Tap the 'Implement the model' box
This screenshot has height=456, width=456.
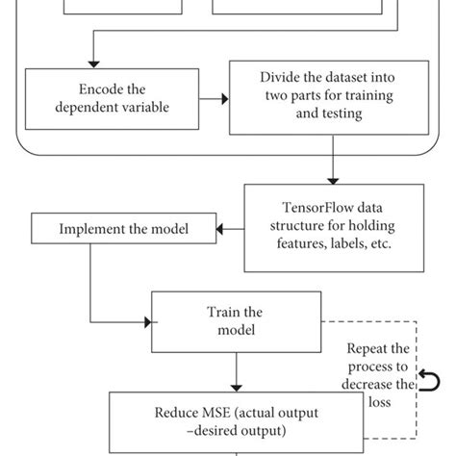tap(123, 230)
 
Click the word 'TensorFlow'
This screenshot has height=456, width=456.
tap(312, 209)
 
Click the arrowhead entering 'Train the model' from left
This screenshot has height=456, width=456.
tap(145, 322)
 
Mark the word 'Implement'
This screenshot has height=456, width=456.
tap(89, 230)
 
